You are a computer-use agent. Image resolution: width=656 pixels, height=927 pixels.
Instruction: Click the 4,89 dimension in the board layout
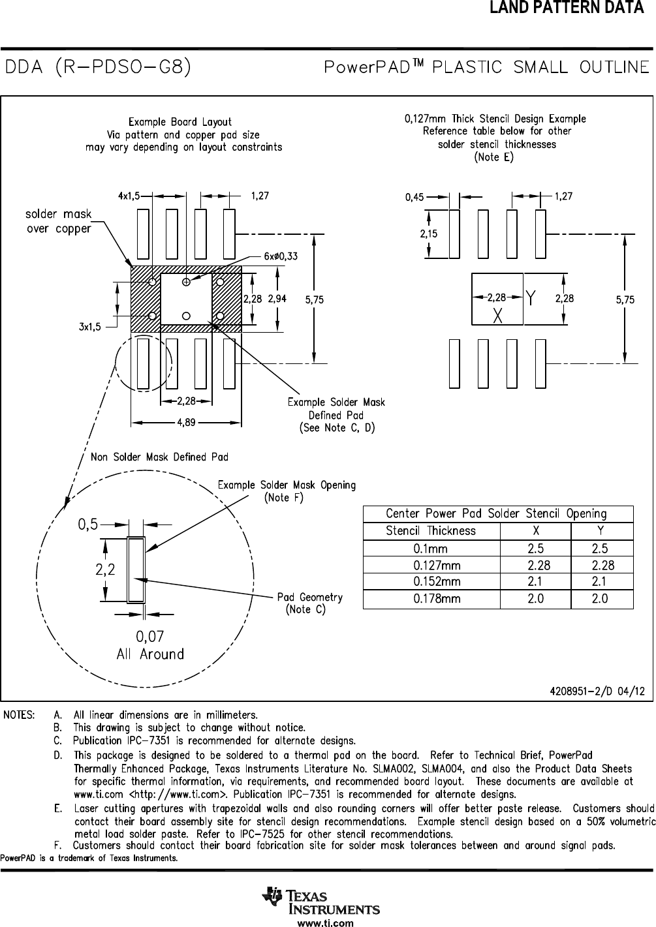point(187,423)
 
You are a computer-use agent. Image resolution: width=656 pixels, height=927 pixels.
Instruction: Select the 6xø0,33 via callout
point(281,256)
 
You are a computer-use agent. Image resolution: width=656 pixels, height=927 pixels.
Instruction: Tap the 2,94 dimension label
point(277,298)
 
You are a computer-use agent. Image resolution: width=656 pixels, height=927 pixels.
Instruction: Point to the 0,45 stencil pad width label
point(414,197)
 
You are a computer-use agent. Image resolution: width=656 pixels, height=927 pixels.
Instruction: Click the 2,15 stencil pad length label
point(429,234)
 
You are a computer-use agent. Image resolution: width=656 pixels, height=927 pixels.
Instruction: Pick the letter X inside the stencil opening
point(498,316)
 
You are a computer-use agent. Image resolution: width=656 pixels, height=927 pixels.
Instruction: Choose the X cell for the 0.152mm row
point(535,581)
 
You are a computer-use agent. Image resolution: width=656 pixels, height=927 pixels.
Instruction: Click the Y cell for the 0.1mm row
point(600,549)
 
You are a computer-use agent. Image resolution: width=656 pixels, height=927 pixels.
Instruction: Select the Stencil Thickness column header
point(431,530)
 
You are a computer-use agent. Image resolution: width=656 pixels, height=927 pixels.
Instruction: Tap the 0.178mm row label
point(437,598)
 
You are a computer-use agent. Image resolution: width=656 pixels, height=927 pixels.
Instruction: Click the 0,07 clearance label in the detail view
point(150,636)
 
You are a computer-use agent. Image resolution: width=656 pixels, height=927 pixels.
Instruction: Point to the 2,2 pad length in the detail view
point(105,570)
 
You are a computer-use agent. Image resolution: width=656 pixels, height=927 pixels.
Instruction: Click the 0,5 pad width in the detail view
point(88,524)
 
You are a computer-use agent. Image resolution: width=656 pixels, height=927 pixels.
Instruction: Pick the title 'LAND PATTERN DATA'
point(567,7)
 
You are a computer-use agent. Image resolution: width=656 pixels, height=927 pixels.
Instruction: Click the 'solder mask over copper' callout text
point(58,221)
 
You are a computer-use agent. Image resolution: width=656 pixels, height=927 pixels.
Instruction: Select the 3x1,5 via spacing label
point(90,327)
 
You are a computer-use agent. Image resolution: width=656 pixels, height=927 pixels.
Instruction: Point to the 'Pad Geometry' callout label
point(310,597)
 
